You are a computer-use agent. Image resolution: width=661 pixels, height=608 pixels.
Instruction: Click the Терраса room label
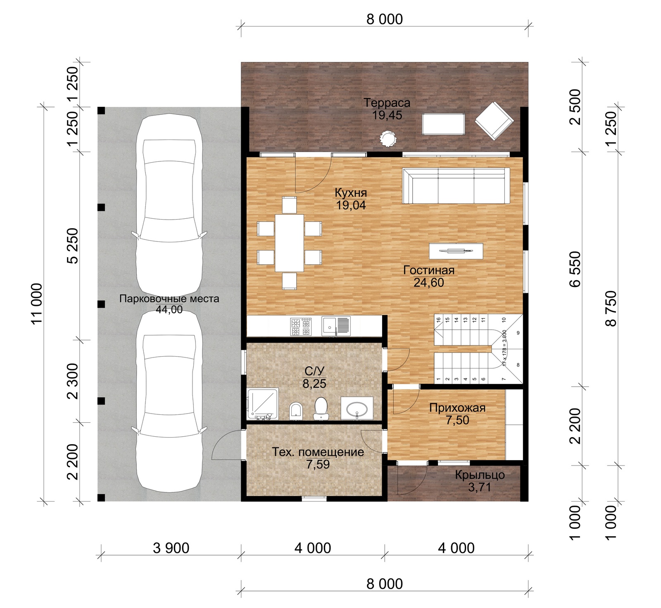(387, 103)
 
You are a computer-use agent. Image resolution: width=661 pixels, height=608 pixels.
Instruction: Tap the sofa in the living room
(456, 186)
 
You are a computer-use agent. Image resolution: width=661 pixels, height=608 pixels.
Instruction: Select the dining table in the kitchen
(289, 243)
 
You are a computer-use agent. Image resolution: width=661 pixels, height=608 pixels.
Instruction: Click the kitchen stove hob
(301, 326)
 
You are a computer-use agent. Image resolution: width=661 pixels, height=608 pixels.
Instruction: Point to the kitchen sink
(336, 326)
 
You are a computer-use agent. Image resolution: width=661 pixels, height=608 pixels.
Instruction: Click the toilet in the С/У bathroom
(321, 408)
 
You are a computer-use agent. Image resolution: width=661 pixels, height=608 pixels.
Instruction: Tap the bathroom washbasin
(357, 409)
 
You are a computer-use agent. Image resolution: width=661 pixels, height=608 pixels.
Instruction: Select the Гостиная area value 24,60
(429, 283)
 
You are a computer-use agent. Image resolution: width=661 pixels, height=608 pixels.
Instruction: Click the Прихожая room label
(457, 408)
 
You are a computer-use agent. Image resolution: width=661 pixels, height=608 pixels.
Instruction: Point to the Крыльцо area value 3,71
(480, 487)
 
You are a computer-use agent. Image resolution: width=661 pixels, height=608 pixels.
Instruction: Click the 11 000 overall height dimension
(37, 303)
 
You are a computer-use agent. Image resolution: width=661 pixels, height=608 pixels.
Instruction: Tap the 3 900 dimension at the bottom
(171, 548)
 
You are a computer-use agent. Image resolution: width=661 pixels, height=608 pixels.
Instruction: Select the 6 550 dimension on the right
(575, 269)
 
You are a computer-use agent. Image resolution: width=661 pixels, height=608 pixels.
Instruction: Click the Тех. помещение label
(318, 452)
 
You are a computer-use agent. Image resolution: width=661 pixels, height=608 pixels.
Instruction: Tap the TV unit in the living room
(456, 251)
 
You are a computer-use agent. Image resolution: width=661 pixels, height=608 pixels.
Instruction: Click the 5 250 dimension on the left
(72, 246)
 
